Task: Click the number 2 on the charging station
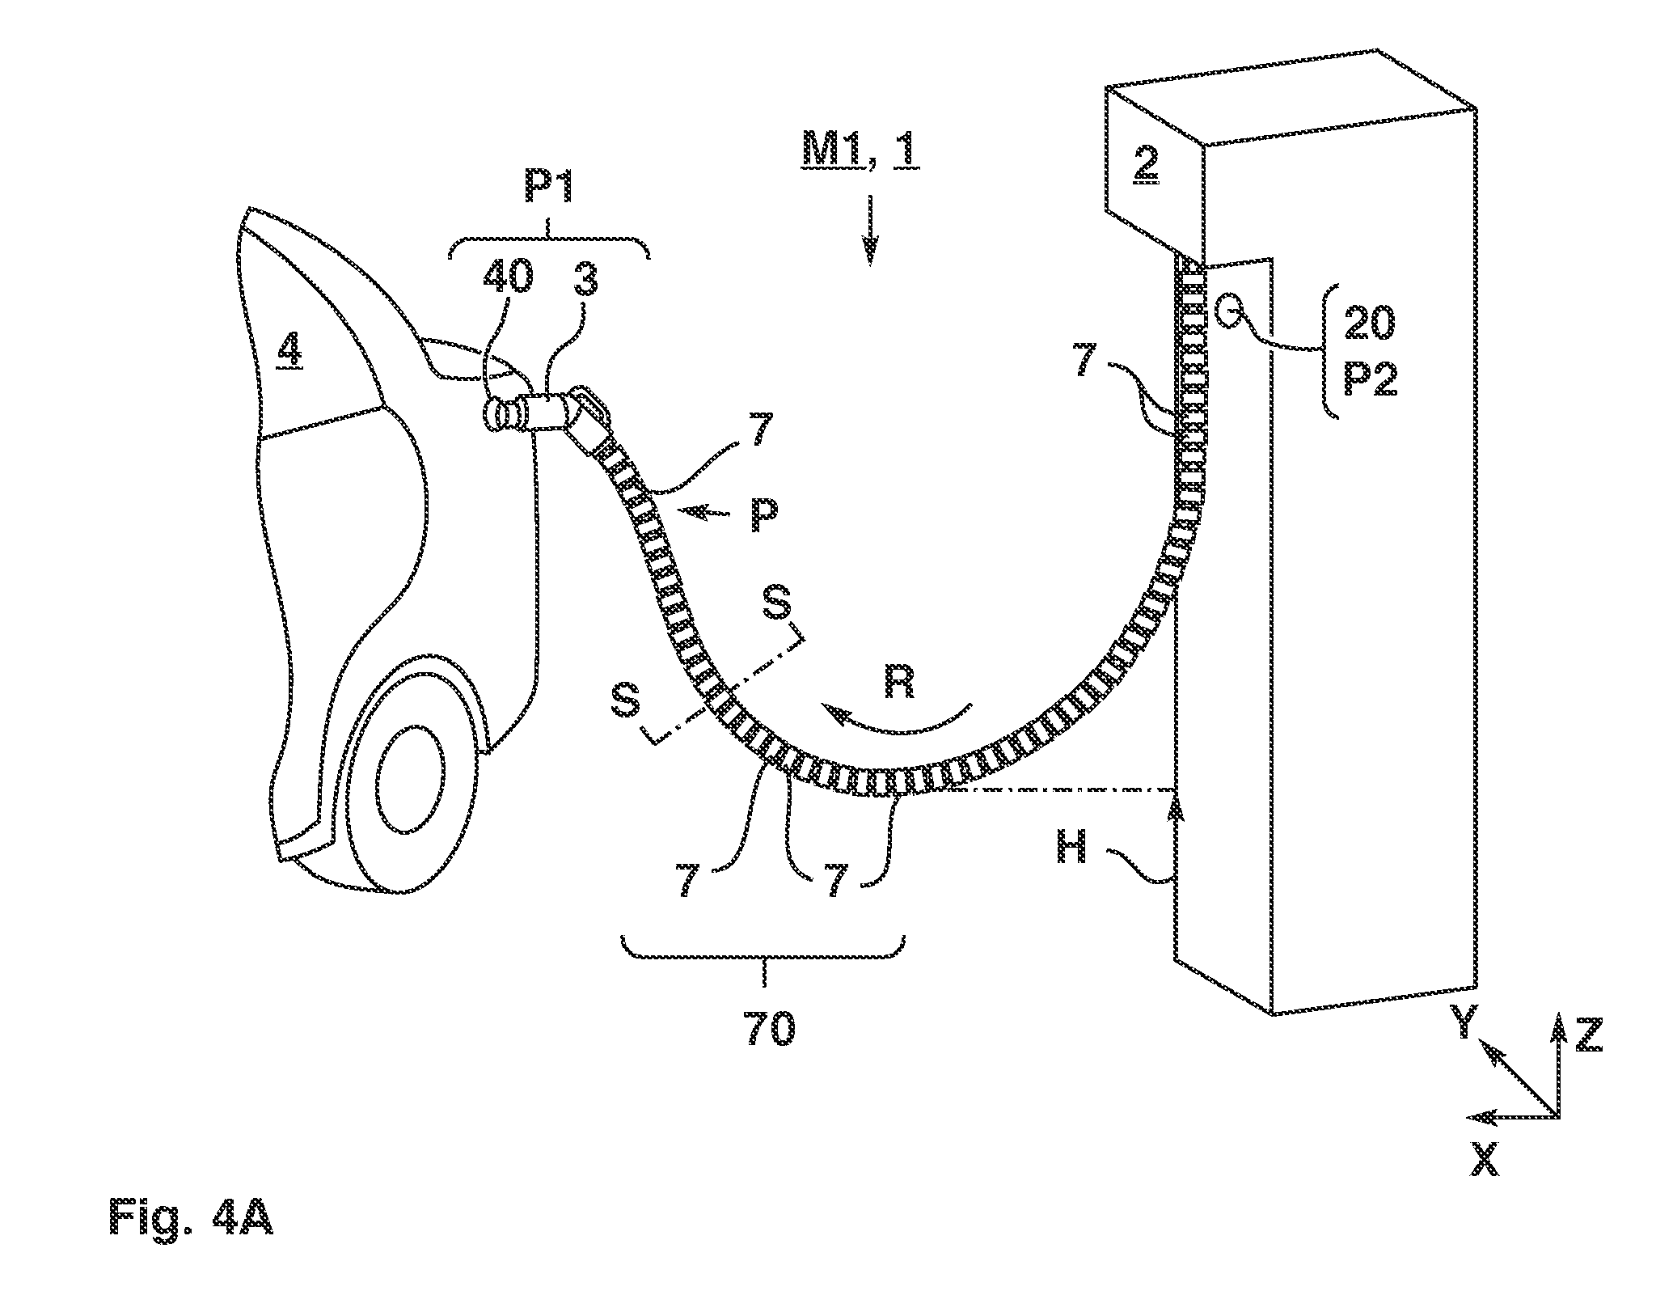(1147, 165)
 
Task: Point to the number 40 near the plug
(508, 277)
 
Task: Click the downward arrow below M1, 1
(870, 229)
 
